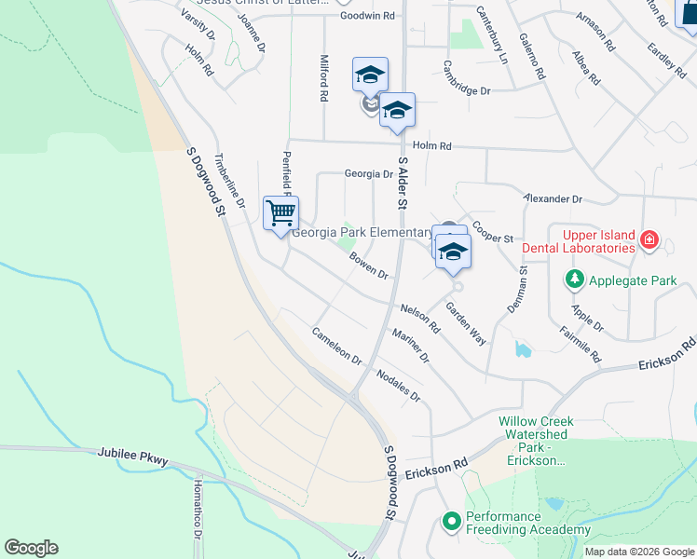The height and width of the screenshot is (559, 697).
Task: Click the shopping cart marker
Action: [280, 213]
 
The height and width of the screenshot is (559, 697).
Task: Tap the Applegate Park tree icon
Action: [575, 279]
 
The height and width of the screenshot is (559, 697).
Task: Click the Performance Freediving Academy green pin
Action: [452, 522]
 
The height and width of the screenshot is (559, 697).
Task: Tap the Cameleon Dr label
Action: [336, 345]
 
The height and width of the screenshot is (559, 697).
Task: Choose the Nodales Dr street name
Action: [399, 385]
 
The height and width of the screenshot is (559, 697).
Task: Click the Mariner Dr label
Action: [411, 346]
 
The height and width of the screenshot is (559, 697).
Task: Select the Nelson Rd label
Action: [420, 319]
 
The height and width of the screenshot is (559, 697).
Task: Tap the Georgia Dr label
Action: [369, 173]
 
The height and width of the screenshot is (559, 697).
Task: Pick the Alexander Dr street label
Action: [553, 199]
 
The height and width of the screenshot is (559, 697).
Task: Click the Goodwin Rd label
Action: [367, 16]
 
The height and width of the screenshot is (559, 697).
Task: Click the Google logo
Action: [31, 548]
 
